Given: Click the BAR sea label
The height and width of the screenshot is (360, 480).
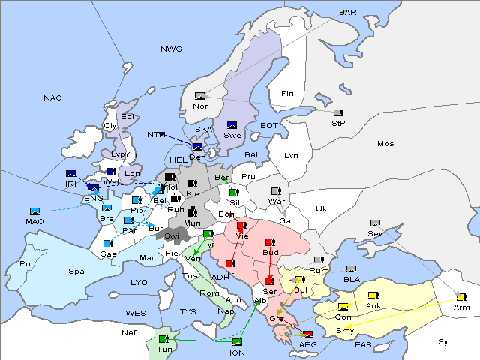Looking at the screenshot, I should pyautogui.click(x=347, y=13).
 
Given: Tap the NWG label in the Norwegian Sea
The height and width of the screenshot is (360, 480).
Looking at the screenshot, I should pyautogui.click(x=171, y=49).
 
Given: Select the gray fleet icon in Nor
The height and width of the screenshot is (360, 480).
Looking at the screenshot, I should pyautogui.click(x=199, y=96).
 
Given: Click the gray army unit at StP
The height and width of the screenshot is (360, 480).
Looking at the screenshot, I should pyautogui.click(x=337, y=113).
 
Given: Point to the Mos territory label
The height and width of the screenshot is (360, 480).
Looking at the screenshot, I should pyautogui.click(x=385, y=143).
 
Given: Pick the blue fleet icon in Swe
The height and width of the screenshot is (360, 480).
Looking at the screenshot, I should pyautogui.click(x=232, y=125).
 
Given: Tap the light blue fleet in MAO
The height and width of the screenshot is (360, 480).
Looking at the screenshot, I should pyautogui.click(x=34, y=212).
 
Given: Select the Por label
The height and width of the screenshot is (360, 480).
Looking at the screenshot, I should pyautogui.click(x=27, y=264).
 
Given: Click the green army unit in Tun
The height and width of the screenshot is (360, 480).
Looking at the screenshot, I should pyautogui.click(x=163, y=339).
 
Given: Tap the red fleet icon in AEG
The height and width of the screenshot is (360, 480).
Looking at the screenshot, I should pyautogui.click(x=307, y=334).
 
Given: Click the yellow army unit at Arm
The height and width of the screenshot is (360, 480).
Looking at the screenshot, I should pyautogui.click(x=460, y=297).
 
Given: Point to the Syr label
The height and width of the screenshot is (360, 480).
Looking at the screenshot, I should pyautogui.click(x=445, y=341).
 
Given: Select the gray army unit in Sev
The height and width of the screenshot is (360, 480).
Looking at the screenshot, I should pyautogui.click(x=375, y=223).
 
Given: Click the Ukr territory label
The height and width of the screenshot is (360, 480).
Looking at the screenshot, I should pyautogui.click(x=322, y=208).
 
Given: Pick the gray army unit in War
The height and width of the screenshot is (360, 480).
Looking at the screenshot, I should pyautogui.click(x=275, y=191).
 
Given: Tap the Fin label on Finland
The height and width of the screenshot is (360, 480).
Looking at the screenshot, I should pyautogui.click(x=286, y=94).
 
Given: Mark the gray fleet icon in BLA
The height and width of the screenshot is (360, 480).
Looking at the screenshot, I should pyautogui.click(x=351, y=269).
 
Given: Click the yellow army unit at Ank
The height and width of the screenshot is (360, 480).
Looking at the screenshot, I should pyautogui.click(x=373, y=295).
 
